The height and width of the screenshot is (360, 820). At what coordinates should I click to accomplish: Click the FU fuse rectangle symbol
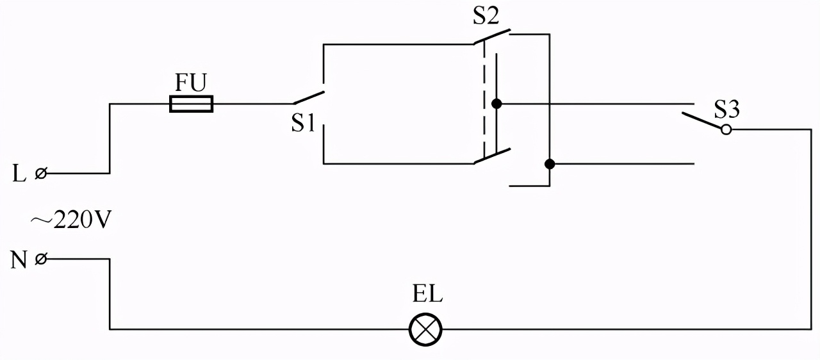[x=191, y=104]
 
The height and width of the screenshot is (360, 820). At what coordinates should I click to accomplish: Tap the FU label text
[x=191, y=83]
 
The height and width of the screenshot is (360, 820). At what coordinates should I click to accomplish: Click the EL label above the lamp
[x=427, y=297]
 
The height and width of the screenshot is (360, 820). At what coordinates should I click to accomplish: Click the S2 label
[x=486, y=17]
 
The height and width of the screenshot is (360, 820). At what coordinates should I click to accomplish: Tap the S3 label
[x=727, y=110]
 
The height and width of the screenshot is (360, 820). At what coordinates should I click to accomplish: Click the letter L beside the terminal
[x=19, y=174]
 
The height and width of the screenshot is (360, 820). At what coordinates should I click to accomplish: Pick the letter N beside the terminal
[x=18, y=260]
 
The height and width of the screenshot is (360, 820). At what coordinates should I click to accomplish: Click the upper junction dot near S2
[x=496, y=104]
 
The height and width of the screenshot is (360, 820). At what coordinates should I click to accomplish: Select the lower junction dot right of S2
[x=549, y=164]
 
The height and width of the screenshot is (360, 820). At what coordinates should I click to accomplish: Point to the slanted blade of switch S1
[x=309, y=97]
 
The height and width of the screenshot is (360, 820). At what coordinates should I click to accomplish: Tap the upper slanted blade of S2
[x=492, y=37]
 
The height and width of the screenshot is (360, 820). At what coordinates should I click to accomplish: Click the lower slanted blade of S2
[x=492, y=156]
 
